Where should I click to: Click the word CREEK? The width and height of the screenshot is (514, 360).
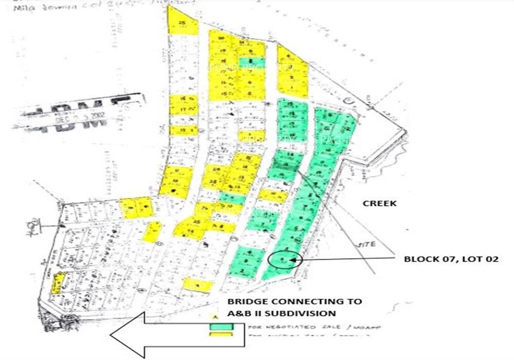pyautogui.click(x=379, y=203)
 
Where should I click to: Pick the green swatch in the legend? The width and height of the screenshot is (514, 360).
pyautogui.click(x=222, y=327)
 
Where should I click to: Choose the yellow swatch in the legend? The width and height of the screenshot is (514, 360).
pyautogui.click(x=222, y=335)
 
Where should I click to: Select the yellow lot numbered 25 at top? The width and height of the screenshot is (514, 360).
pyautogui.click(x=182, y=24)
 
